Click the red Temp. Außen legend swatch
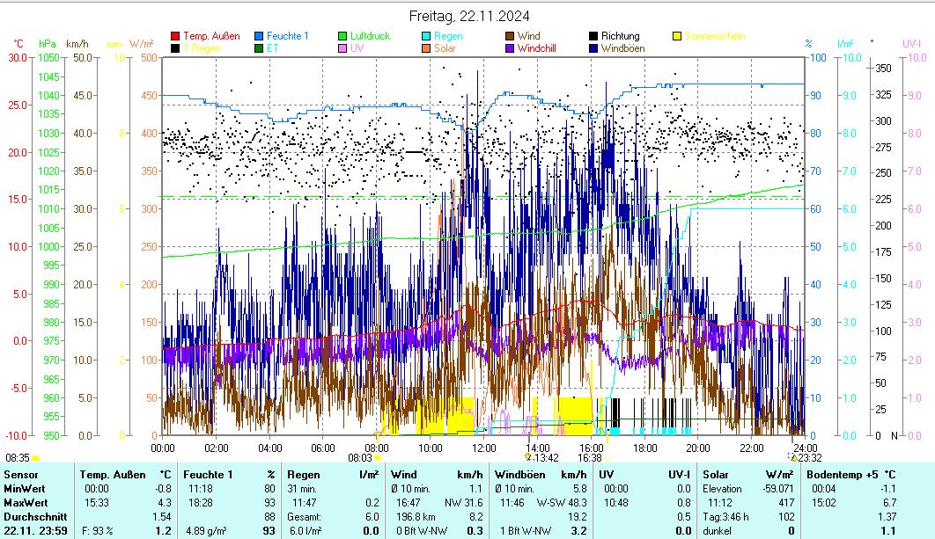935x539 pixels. (175, 36)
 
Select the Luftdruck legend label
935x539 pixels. (370, 36)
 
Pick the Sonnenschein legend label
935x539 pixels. (714, 36)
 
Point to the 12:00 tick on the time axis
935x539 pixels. (483, 448)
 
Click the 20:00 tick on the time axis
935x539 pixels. (697, 448)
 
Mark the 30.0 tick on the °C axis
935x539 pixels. (18, 58)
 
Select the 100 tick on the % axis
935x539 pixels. (817, 58)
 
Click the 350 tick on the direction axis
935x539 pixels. (884, 69)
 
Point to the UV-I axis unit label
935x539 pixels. (911, 43)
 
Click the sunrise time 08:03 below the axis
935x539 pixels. (360, 458)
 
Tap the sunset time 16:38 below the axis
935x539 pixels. (589, 458)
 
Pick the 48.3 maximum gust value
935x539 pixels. (577, 501)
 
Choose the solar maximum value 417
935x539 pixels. (787, 501)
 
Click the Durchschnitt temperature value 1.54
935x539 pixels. (161, 516)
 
